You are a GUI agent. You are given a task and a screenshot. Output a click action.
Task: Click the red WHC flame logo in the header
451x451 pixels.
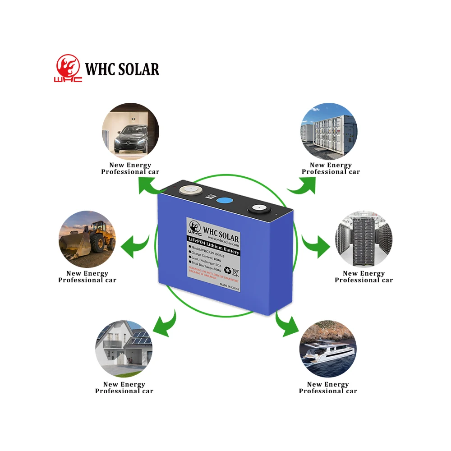69,69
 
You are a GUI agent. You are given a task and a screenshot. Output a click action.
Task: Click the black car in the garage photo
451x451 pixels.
130,137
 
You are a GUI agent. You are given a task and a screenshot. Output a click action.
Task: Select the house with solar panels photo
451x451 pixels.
124,349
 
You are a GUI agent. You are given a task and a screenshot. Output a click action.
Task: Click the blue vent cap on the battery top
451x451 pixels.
224,201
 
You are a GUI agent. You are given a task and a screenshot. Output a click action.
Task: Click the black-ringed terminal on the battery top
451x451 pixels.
259,209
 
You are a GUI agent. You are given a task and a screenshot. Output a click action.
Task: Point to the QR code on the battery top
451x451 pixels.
210,197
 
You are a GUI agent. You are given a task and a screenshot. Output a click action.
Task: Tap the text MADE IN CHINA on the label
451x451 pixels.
229,285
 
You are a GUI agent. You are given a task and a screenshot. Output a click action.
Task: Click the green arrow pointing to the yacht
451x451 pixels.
285,324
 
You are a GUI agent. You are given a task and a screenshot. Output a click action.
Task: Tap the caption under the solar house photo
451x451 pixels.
124,388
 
